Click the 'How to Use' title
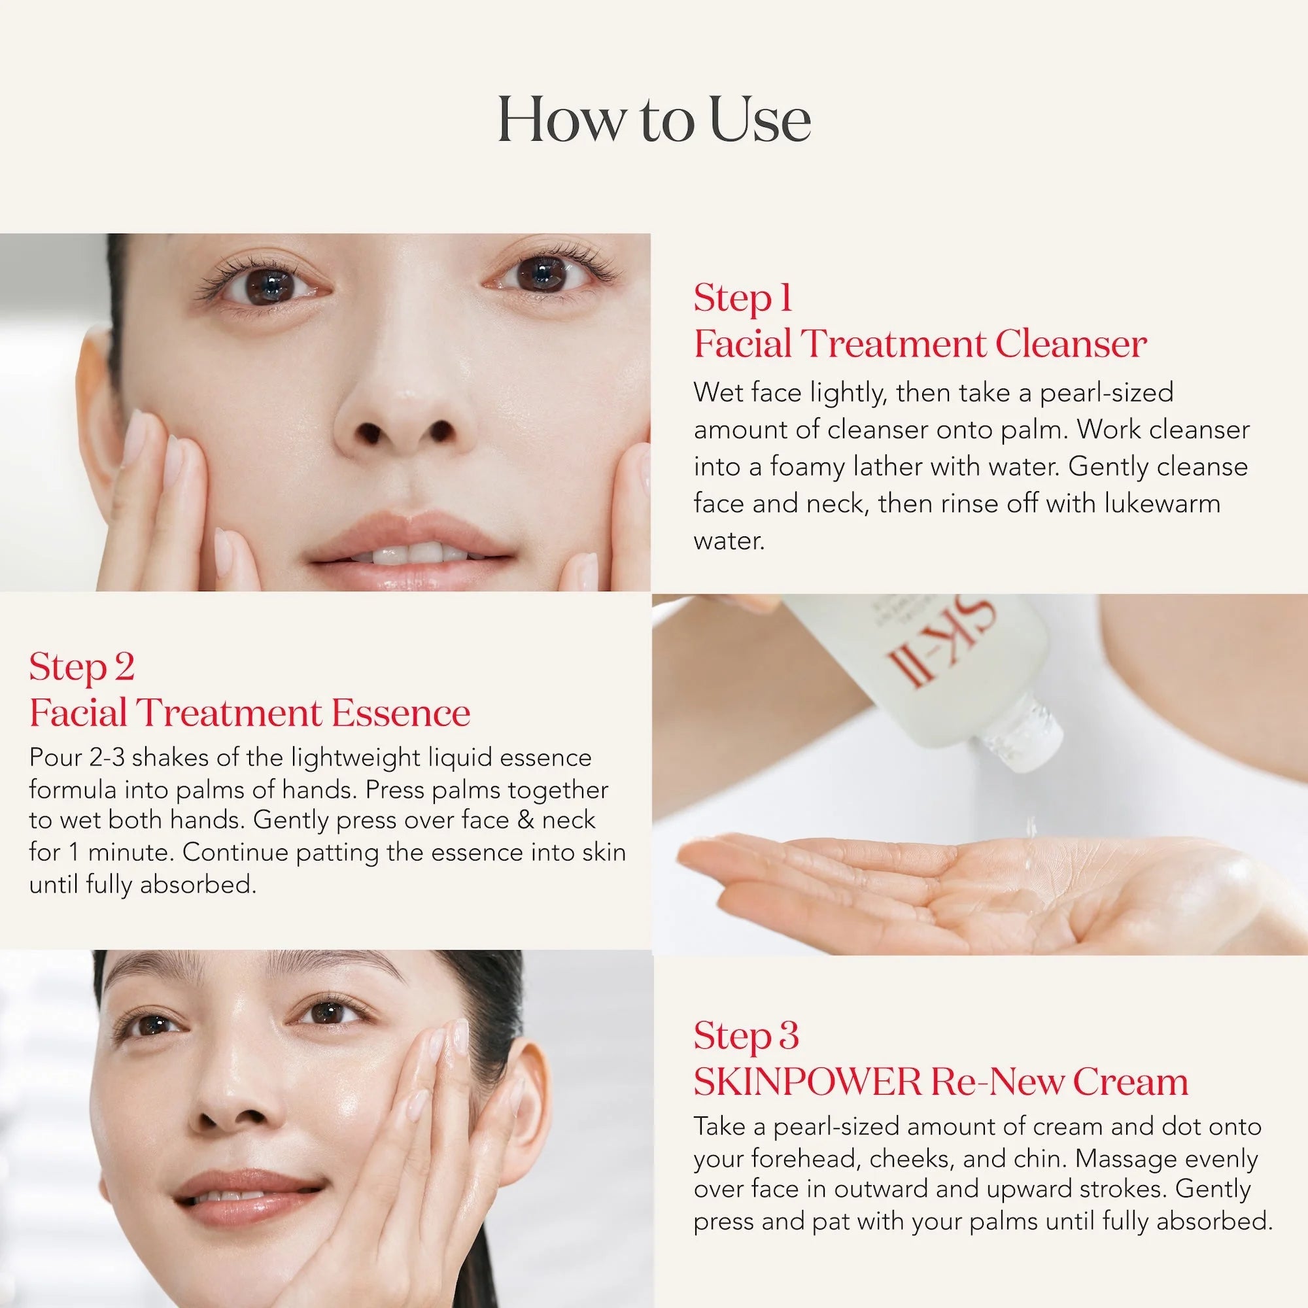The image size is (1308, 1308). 654,120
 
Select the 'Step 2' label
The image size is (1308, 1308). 82,668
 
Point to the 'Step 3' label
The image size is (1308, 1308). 746,1037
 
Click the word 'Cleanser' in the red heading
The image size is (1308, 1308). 1071,344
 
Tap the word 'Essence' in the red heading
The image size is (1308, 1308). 401,713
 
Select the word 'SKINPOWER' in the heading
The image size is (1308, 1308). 807,1082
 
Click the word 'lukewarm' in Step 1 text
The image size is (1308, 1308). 1162,503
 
